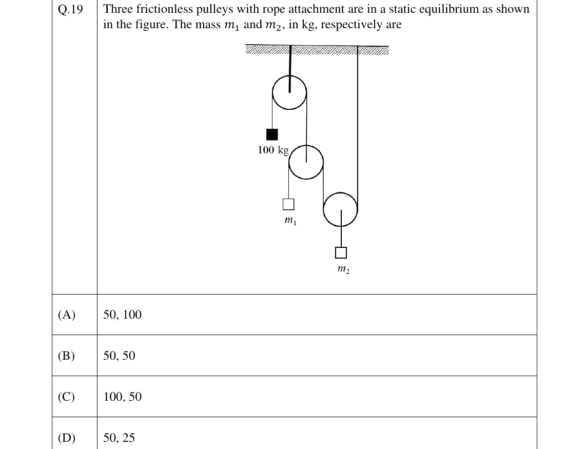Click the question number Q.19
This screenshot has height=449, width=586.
[x=70, y=9]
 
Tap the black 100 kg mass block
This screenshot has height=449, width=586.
[x=271, y=134]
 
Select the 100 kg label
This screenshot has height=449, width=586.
[x=273, y=150]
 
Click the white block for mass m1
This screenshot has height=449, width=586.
[x=288, y=204]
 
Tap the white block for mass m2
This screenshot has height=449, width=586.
[x=341, y=253]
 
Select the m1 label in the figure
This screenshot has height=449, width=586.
[x=290, y=221]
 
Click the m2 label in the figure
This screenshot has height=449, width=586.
[x=343, y=269]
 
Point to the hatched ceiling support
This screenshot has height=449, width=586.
[x=317, y=50]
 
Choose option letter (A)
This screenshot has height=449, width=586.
[x=67, y=315]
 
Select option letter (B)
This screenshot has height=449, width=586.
[x=67, y=356]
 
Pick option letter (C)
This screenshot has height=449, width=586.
[x=67, y=397]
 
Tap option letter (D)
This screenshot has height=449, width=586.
[x=67, y=437]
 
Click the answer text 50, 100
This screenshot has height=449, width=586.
[x=123, y=315]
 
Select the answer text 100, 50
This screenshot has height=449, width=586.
[x=123, y=397]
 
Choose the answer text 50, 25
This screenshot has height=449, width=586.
[x=119, y=437]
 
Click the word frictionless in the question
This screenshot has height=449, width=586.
[x=164, y=9]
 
